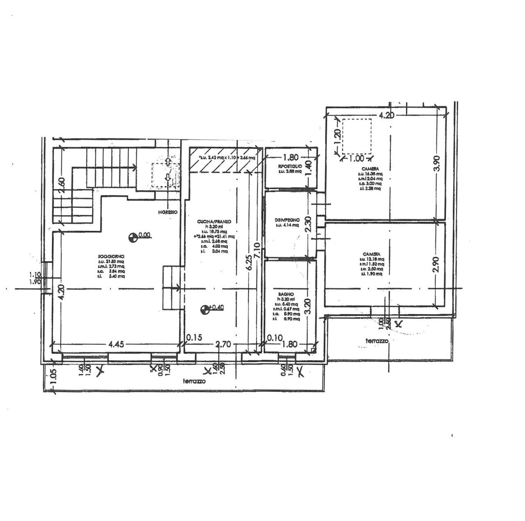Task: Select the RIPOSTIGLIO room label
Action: (290, 166)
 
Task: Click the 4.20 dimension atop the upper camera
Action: (386, 115)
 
